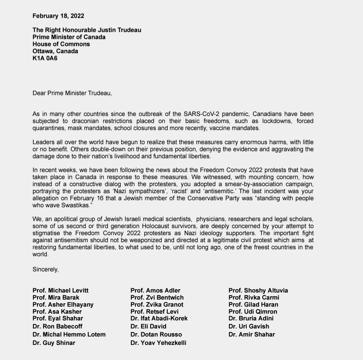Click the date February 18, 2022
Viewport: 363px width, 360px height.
click(58, 15)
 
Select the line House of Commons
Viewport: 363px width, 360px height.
click(61, 44)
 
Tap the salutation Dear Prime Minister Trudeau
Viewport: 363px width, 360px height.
click(72, 93)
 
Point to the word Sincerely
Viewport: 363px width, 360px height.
click(45, 269)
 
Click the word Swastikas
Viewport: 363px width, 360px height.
click(72, 205)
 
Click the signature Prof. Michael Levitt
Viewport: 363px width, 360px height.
click(61, 290)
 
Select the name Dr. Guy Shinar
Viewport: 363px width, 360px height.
click(54, 343)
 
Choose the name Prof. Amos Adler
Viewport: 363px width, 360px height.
click(155, 290)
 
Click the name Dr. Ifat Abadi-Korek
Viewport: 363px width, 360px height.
click(159, 318)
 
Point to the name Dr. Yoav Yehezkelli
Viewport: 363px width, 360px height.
click(158, 343)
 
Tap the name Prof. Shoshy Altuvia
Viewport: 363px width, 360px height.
click(258, 290)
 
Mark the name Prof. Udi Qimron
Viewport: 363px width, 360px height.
click(253, 312)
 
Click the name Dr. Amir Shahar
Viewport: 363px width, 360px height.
click(251, 334)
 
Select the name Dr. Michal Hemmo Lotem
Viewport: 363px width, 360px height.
click(69, 334)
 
